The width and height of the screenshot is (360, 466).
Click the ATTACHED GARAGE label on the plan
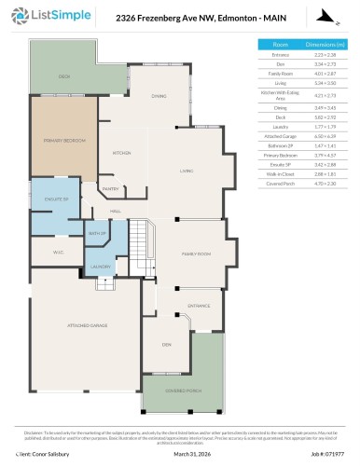(85, 325)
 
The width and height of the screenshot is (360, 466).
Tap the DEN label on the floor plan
(166, 345)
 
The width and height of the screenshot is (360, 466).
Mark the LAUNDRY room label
(101, 267)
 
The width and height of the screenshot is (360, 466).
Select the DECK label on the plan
(64, 76)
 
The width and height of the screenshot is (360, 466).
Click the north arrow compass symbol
(323, 16)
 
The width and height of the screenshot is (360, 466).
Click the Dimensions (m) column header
(325, 44)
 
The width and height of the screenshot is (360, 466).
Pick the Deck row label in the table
(280, 116)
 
